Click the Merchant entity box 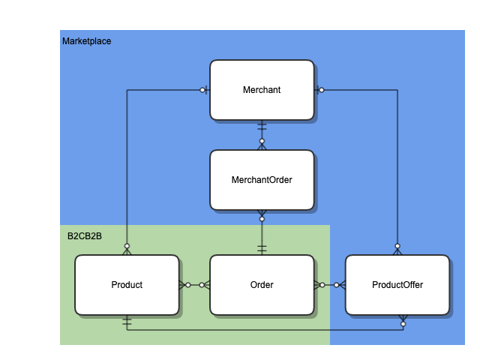pos(262,90)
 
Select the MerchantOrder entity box pos(262,180)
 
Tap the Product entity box pos(127,285)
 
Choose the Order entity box pos(262,285)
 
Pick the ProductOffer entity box pos(397,285)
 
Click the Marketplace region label pos(86,41)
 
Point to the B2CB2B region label pos(85,236)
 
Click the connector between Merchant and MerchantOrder pos(262,135)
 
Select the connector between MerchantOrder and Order pos(262,232)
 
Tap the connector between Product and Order pos(194,285)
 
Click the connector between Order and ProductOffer pos(329,285)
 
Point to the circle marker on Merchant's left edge pos(202,90)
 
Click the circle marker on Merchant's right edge pos(321,90)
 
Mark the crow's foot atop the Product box pos(127,250)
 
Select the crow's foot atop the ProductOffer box pos(397,250)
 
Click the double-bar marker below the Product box pos(127,322)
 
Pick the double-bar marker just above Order pos(262,247)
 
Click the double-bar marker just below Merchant pos(262,127)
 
